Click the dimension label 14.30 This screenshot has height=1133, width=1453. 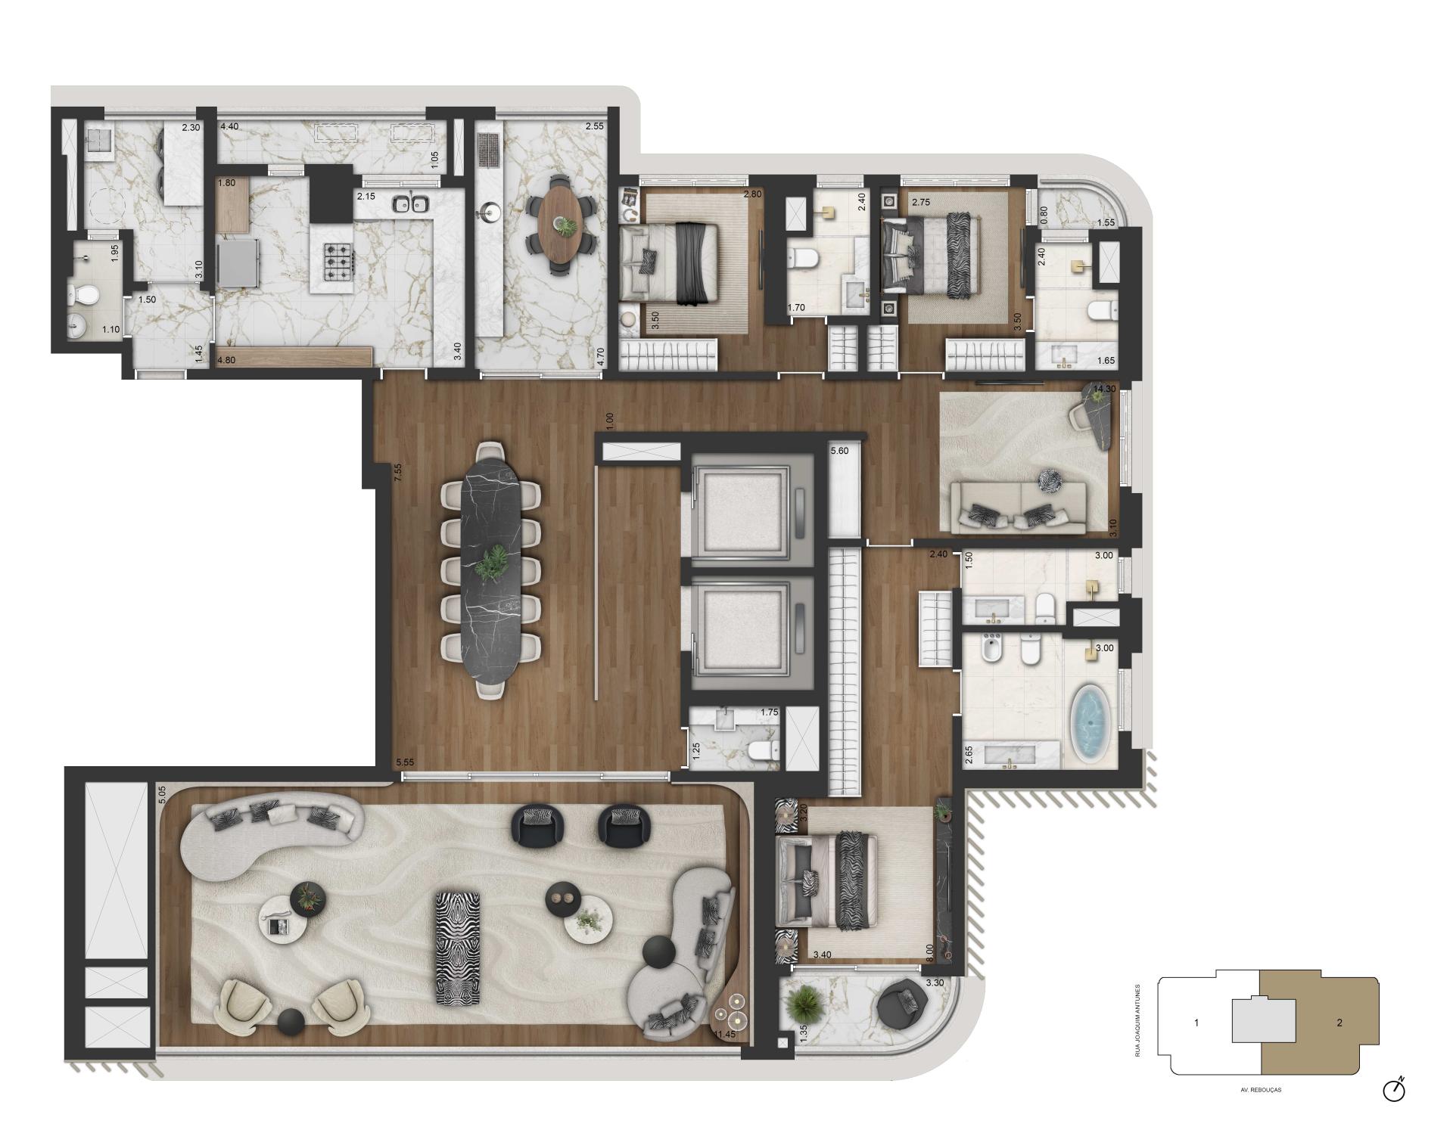[x=1104, y=389]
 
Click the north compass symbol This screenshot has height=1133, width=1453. [x=1393, y=1090]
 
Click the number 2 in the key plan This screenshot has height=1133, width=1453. [x=1339, y=1023]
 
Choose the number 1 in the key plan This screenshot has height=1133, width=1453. [x=1196, y=1023]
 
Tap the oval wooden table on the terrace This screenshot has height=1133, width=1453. [x=561, y=224]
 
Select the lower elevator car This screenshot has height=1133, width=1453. [x=742, y=632]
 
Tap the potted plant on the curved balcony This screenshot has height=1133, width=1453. [x=804, y=1004]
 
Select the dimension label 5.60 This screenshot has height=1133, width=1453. [x=839, y=451]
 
